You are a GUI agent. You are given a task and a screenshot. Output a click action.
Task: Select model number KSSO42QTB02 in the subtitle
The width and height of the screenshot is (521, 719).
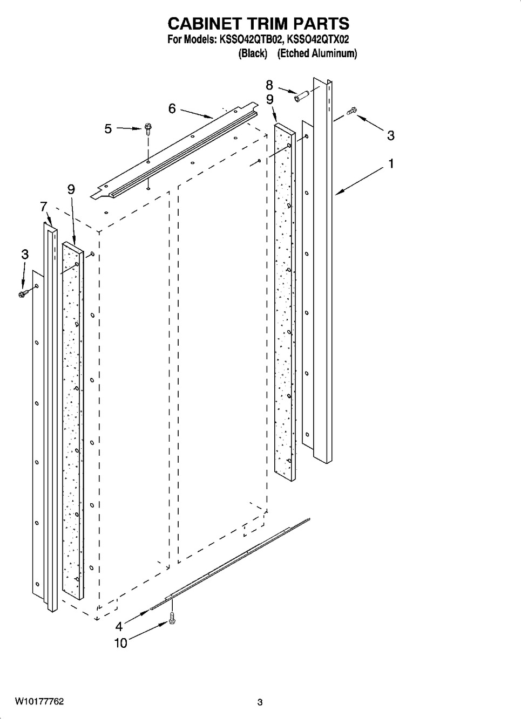point(252,40)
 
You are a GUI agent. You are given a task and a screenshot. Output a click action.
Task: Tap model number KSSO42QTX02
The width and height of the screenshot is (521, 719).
point(317,40)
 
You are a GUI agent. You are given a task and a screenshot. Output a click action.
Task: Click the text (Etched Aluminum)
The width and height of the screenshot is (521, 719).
point(317,53)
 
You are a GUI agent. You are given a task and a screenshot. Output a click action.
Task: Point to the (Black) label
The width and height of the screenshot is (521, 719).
point(253,53)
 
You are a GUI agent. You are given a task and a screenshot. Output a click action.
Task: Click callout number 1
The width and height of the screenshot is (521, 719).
point(391,164)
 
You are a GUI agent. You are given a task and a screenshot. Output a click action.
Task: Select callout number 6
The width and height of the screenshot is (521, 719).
point(172,109)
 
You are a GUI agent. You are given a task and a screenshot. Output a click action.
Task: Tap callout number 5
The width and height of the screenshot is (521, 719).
point(108,129)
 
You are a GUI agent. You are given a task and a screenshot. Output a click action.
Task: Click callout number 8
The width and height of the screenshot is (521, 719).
point(269,85)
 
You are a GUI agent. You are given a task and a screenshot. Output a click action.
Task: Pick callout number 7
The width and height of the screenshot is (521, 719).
point(44,207)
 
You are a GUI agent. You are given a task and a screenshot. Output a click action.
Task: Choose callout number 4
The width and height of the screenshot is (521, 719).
point(119,626)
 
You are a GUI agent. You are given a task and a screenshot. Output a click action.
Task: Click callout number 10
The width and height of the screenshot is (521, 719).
point(121,643)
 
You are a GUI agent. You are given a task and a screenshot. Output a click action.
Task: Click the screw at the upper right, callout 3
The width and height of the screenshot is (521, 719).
point(351,111)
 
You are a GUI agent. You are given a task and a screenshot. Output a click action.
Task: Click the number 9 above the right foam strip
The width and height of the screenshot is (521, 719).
point(270,100)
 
